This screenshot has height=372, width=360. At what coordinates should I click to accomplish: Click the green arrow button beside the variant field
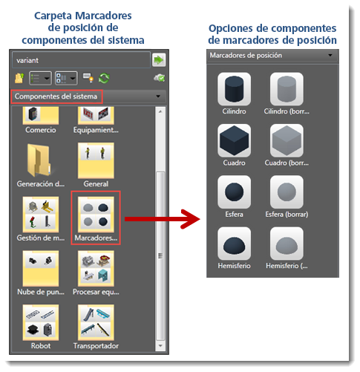[159, 60]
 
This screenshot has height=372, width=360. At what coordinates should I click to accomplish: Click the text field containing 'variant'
[81, 60]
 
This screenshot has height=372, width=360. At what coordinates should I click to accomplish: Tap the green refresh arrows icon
[104, 78]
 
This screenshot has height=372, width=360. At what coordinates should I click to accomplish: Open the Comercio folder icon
[41, 116]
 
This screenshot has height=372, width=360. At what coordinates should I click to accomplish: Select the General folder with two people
[96, 160]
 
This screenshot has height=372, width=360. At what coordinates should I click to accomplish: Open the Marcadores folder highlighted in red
[96, 215]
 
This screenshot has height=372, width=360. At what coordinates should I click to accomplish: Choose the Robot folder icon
[41, 322]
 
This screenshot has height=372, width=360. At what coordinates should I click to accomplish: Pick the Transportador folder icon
[96, 322]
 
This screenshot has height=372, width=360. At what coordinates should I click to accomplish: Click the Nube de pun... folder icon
[41, 269]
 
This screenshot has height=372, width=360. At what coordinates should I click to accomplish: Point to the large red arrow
[163, 219]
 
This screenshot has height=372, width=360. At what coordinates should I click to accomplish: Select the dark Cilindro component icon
[234, 89]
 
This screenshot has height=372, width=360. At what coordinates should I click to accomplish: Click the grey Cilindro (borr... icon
[287, 89]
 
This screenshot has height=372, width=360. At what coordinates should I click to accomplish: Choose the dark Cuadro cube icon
[234, 140]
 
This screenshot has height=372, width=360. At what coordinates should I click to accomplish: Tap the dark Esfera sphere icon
[234, 192]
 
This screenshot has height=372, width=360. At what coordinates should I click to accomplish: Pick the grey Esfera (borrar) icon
[287, 192]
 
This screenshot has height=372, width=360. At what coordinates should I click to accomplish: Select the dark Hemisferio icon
[234, 244]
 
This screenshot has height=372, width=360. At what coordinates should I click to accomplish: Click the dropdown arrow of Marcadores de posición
[330, 55]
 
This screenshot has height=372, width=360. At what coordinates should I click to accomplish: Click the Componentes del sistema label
[56, 97]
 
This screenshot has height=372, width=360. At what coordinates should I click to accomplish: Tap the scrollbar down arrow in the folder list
[160, 345]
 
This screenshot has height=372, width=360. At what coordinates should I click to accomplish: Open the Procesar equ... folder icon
[96, 269]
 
